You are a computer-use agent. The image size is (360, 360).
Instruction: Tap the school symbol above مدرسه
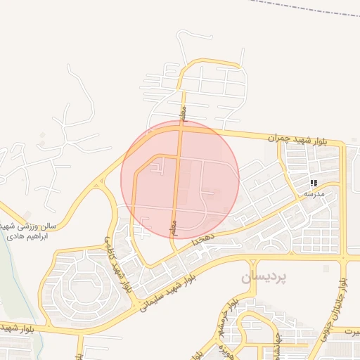click(313, 183)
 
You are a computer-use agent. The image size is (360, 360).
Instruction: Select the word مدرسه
click(314, 192)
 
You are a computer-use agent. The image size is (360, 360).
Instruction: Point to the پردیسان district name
click(264, 277)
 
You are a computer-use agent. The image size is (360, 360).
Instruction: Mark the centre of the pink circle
click(180, 180)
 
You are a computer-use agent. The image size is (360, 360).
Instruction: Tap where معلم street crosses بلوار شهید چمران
click(181, 127)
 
